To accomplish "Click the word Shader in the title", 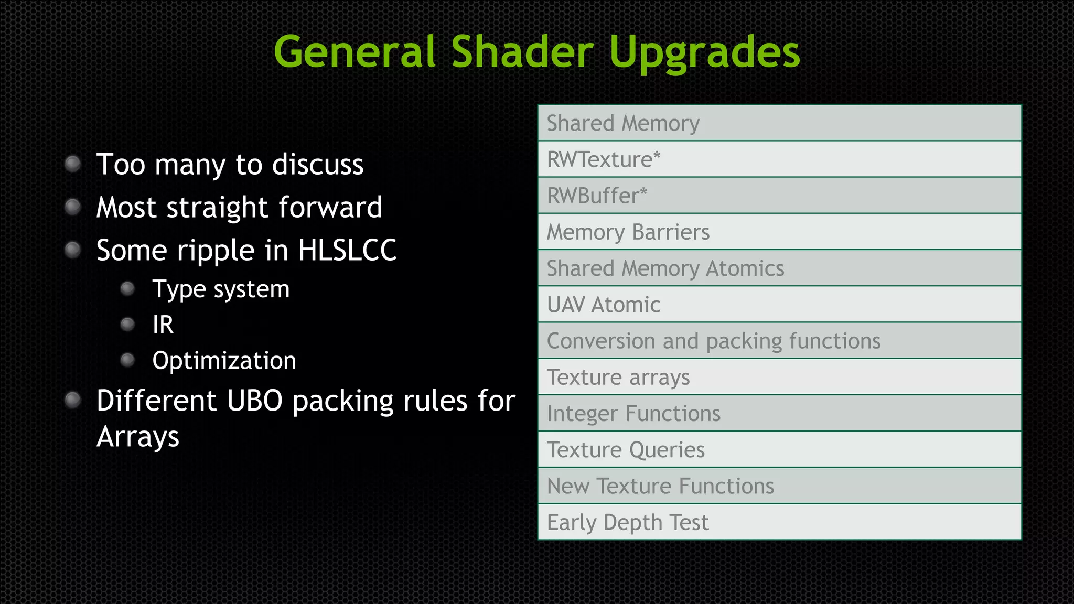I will pos(522,52).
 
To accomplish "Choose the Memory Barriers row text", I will pos(628,232).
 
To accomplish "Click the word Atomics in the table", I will pos(745,268).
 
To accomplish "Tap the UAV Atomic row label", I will pos(603,305).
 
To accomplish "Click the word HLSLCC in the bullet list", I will pos(347,250).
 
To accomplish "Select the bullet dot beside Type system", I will pos(127,289).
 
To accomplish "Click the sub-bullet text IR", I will pos(163,325).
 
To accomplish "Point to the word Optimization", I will pos(224,361).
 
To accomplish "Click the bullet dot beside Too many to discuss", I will pos(72,164).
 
